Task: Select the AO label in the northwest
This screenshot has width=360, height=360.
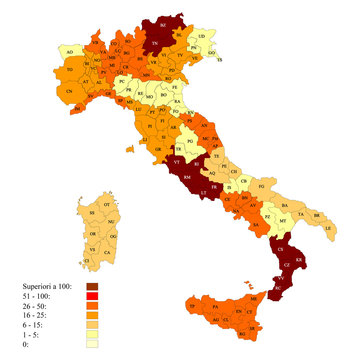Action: point(69,49)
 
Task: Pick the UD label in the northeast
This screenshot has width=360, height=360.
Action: point(203,36)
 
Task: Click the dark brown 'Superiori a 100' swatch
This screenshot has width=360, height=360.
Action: point(106,287)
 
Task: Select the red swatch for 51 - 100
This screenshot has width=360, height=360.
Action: point(106,298)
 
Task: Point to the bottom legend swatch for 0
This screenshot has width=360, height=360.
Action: point(106,347)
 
